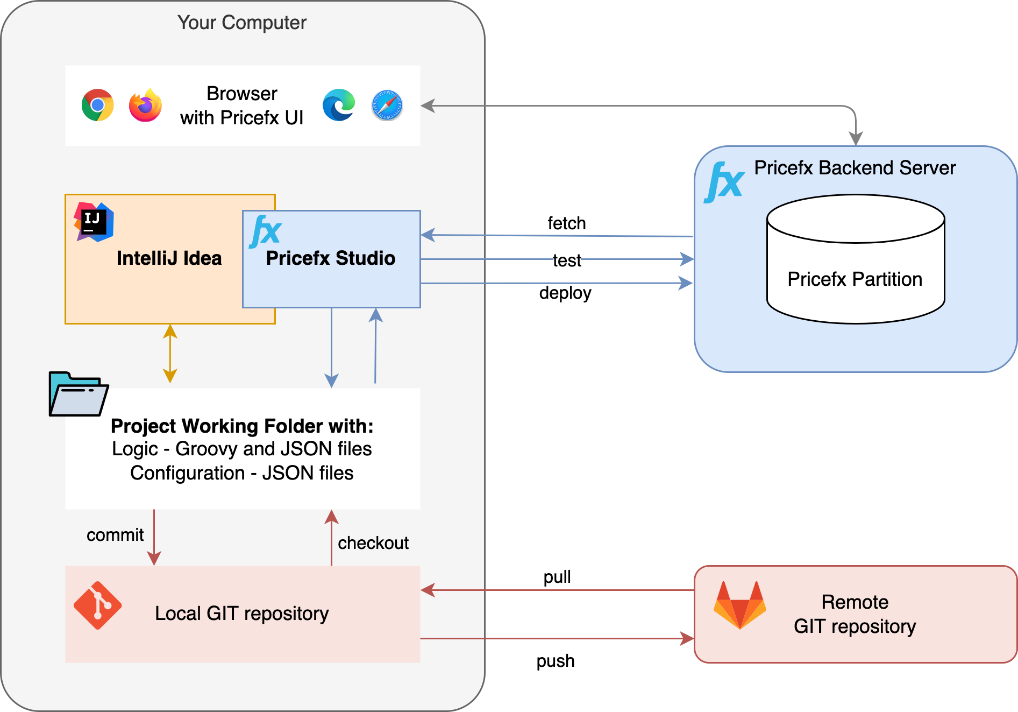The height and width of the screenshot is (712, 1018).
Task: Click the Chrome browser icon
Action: pyautogui.click(x=97, y=105)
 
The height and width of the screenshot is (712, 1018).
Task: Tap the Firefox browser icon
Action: pyautogui.click(x=145, y=105)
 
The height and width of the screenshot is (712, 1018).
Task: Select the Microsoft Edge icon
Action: pyautogui.click(x=339, y=105)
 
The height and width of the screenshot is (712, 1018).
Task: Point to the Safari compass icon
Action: pyautogui.click(x=387, y=105)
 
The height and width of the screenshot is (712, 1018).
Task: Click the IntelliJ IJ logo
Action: pyautogui.click(x=94, y=222)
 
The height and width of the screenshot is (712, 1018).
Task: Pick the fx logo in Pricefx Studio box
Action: pyautogui.click(x=266, y=231)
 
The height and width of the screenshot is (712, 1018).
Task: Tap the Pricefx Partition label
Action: pyautogui.click(x=855, y=279)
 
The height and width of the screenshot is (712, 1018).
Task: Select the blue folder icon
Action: pyautogui.click(x=78, y=394)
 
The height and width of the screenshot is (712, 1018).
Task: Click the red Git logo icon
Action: pyautogui.click(x=97, y=605)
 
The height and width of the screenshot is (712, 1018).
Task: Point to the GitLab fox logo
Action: pyautogui.click(x=740, y=605)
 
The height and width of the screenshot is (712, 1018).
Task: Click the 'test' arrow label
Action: pyautogui.click(x=567, y=260)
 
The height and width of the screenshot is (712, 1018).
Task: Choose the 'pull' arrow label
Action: pyautogui.click(x=557, y=577)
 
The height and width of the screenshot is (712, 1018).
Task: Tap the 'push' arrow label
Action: pyautogui.click(x=556, y=660)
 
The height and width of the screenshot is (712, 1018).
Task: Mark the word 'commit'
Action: pyautogui.click(x=115, y=535)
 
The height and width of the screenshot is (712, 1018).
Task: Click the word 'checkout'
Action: pyautogui.click(x=373, y=543)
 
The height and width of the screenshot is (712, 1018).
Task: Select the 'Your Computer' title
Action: pyautogui.click(x=242, y=23)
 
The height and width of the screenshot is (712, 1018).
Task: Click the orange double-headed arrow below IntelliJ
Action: pyautogui.click(x=170, y=354)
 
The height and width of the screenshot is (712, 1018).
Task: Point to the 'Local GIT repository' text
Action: pyautogui.click(x=242, y=614)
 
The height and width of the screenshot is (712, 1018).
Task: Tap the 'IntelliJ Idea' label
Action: pyautogui.click(x=169, y=258)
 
